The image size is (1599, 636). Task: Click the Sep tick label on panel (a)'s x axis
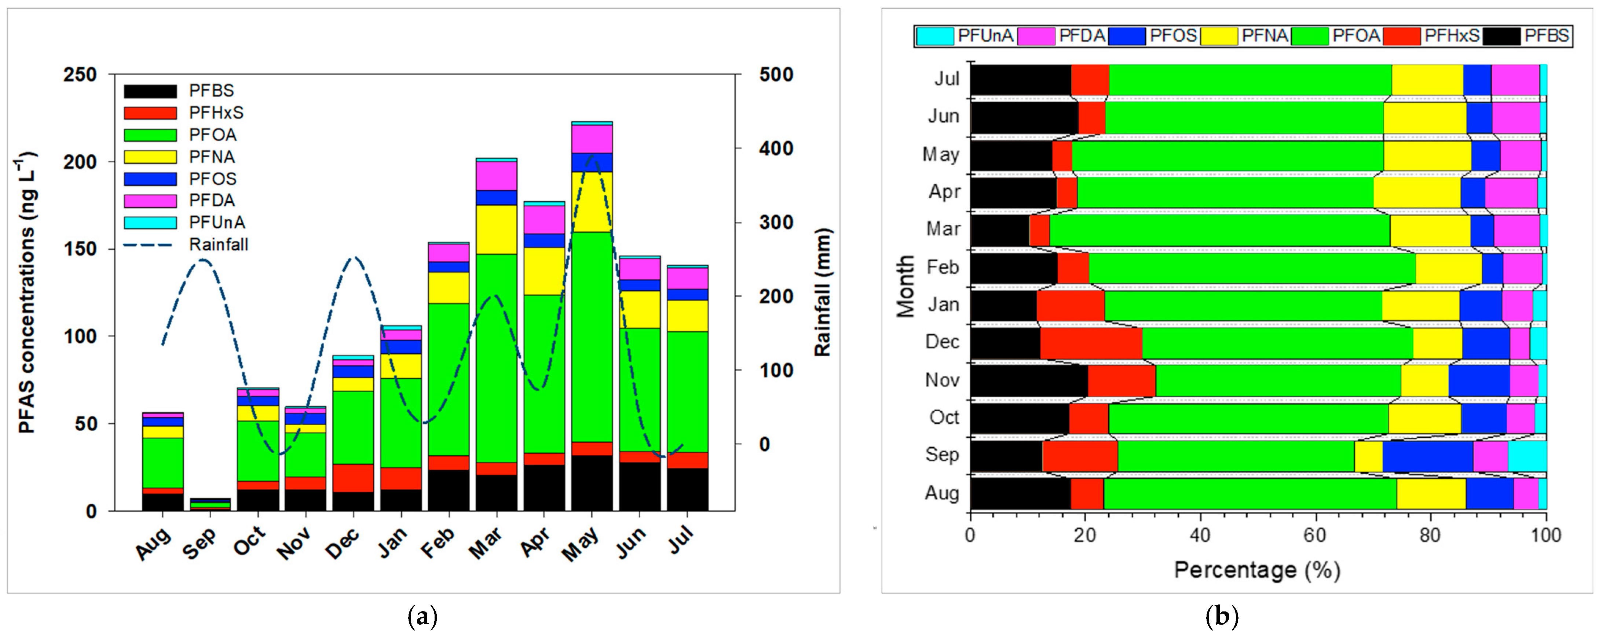200,544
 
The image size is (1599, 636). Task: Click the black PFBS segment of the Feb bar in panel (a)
448,490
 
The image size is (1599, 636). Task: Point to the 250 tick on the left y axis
81,74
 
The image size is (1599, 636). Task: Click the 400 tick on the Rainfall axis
776,148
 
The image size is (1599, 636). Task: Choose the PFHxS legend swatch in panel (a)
150,113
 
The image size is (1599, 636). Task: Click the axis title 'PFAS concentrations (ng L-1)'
26,292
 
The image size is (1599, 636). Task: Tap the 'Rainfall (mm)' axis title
823,292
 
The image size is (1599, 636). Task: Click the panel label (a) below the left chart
423,617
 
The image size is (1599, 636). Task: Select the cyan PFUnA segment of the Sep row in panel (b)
1527,456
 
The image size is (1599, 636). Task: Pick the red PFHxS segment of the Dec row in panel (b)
1091,342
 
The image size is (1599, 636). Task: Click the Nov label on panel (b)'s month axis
942,380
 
